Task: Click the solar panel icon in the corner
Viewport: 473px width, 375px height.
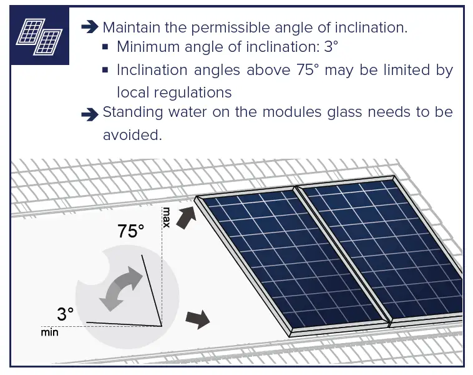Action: [38, 36]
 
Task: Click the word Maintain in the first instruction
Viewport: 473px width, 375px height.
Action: [132, 27]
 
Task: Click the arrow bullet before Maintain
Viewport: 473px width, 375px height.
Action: [90, 27]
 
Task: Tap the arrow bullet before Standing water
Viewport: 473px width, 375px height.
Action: [90, 114]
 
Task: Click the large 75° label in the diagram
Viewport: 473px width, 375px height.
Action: [130, 231]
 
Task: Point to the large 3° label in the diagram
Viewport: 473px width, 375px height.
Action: [65, 314]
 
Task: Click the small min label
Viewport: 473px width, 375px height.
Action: [49, 332]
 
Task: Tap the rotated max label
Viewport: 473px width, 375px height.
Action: [166, 217]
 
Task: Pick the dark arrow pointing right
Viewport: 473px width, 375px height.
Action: [198, 318]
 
